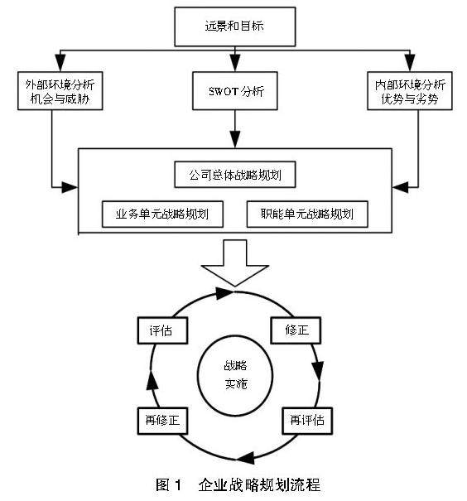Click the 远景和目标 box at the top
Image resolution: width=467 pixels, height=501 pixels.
(x=235, y=26)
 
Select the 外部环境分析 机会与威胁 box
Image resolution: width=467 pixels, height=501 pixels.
(x=60, y=91)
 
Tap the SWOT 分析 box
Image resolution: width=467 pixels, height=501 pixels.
(x=235, y=91)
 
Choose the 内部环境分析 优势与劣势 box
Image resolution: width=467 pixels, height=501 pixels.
(x=410, y=91)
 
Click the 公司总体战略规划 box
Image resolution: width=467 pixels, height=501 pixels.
(x=235, y=175)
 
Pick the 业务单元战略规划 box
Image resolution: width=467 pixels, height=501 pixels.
(x=162, y=214)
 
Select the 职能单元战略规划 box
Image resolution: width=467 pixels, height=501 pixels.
(x=307, y=214)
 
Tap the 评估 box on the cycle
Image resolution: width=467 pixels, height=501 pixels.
(x=162, y=330)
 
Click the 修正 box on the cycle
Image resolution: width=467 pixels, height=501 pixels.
(x=296, y=330)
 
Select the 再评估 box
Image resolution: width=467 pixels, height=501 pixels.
(x=307, y=421)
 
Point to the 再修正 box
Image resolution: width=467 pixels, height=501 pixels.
(x=162, y=421)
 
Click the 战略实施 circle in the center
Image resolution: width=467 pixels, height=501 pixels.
(x=235, y=375)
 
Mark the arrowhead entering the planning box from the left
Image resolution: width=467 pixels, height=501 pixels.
(x=70, y=187)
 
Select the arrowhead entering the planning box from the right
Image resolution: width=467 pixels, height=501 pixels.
(x=401, y=187)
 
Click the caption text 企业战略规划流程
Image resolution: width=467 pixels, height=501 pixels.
(x=259, y=484)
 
